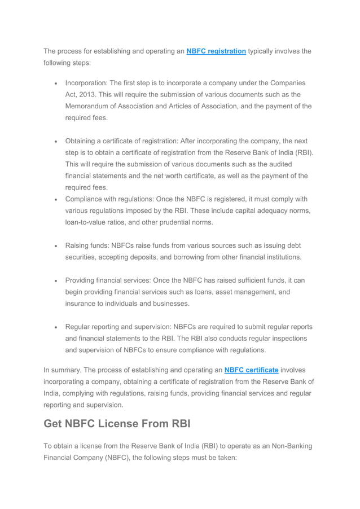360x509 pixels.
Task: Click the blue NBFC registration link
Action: [x=216, y=51]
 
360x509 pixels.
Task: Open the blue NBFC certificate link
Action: [x=251, y=370]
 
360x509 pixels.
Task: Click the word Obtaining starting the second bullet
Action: [x=84, y=141]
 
